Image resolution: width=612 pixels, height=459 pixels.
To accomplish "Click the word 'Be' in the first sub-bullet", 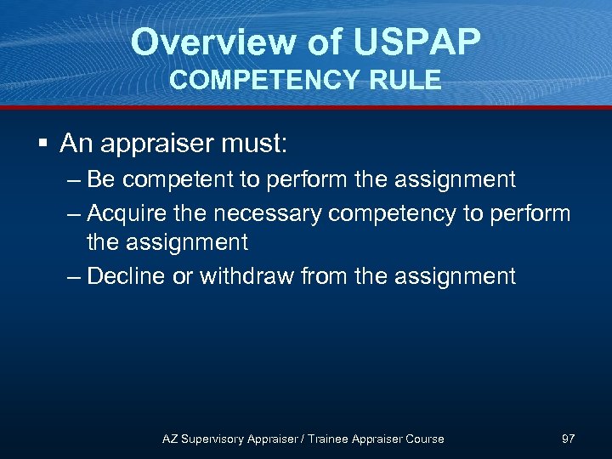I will pyautogui.click(x=101, y=179).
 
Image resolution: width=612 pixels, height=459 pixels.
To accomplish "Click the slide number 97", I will pyautogui.click(x=569, y=439).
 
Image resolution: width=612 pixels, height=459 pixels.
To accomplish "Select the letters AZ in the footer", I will pyautogui.click(x=170, y=439).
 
